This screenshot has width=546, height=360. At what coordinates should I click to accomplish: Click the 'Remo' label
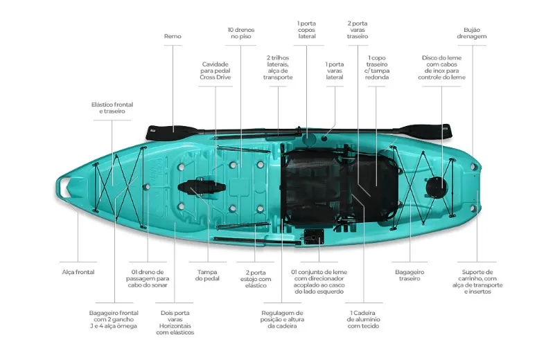click(x=173, y=36)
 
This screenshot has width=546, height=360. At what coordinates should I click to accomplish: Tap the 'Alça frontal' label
click(x=78, y=272)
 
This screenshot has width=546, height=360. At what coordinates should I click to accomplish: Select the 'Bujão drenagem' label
click(x=472, y=33)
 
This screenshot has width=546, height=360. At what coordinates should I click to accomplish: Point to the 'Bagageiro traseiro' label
click(x=409, y=275)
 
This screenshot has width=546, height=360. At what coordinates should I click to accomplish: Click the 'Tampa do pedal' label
click(x=207, y=275)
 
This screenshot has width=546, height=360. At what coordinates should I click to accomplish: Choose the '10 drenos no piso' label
click(x=241, y=33)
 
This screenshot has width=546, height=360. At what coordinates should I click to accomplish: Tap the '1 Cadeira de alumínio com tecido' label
click(x=363, y=319)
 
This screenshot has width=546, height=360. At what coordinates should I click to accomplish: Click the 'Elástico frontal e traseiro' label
click(x=112, y=108)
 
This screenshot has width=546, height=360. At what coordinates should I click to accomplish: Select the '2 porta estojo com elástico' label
click(x=256, y=279)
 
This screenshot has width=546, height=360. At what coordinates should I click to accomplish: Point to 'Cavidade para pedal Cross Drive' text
click(x=215, y=71)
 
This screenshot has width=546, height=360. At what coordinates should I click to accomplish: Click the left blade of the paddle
click(x=170, y=133)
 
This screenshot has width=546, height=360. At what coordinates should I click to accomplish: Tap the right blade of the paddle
click(x=425, y=132)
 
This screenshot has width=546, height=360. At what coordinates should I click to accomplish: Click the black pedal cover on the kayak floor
click(x=201, y=188)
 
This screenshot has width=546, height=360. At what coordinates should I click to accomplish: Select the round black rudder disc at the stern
click(x=437, y=187)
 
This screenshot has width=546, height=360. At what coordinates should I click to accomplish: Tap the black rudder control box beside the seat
click(x=314, y=237)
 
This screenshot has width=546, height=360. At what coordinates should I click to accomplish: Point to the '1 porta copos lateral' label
click(x=307, y=30)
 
